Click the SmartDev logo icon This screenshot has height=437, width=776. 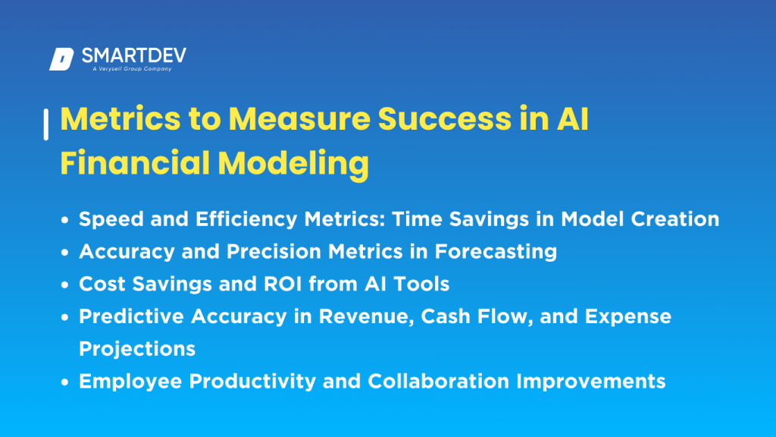[x=61, y=59]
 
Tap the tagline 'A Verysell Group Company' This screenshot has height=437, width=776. [x=127, y=69]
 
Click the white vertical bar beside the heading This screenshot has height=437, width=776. [x=46, y=124]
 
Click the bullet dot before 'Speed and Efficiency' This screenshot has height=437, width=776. [x=67, y=220]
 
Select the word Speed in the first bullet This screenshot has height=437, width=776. [x=105, y=219]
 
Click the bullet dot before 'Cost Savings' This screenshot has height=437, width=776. [x=67, y=285]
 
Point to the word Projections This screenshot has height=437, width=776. [x=137, y=348]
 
